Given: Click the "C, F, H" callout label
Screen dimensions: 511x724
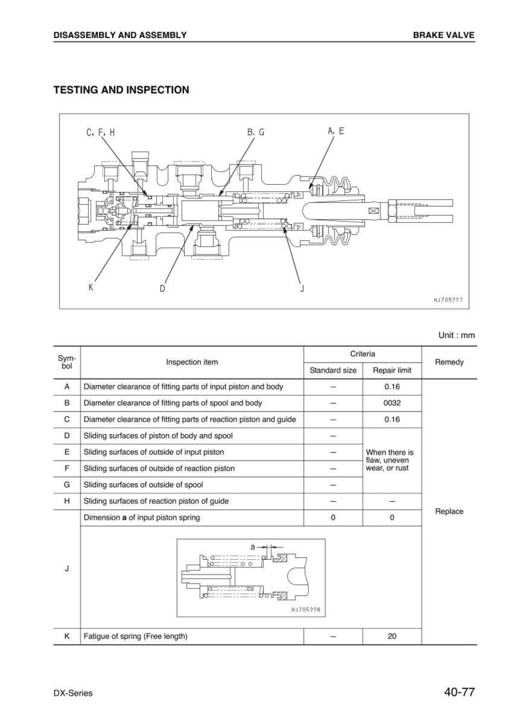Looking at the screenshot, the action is (100, 133).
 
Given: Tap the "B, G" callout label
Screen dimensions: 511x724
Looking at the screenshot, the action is (256, 132).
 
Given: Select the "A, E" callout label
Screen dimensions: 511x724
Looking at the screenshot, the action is (336, 131).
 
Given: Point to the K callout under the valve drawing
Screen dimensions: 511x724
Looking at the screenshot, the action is (91, 287).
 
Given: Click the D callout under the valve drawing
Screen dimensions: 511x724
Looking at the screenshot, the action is (162, 289).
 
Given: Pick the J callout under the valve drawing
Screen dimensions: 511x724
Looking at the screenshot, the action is (302, 289).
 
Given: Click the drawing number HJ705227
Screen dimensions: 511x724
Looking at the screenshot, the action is (449, 300).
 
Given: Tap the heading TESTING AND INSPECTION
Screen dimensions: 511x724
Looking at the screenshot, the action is (121, 90).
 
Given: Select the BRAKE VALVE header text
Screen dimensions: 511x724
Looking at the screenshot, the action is (443, 35).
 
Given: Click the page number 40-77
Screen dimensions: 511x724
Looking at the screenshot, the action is (460, 692).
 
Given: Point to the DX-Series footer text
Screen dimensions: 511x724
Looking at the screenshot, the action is (73, 693).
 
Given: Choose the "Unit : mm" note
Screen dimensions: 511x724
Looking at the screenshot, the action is (456, 335).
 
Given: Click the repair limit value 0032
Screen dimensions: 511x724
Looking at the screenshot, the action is (392, 403).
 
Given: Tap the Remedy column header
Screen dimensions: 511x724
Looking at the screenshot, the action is (449, 362).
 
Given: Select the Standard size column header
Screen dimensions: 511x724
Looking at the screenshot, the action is (333, 370).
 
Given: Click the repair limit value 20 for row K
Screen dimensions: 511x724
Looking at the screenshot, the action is (392, 636).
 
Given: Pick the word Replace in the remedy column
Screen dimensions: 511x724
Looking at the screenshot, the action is (449, 511).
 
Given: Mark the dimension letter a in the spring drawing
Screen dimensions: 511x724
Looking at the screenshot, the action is (253, 547).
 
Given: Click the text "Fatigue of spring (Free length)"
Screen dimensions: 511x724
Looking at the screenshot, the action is (136, 636).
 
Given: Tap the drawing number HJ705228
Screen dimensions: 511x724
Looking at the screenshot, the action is (306, 610).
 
